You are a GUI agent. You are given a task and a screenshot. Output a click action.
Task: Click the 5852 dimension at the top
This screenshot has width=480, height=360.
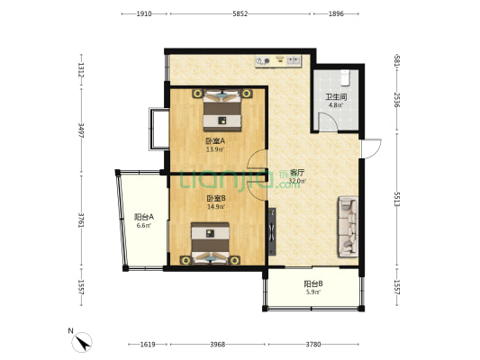tap(240, 13)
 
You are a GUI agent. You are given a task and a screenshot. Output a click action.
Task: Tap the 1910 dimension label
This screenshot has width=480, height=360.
tap(144, 13)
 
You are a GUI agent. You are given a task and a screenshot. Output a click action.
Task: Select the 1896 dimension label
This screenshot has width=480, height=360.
tap(336, 13)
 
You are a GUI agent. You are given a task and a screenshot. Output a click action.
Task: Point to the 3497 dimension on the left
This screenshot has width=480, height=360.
tap(81, 130)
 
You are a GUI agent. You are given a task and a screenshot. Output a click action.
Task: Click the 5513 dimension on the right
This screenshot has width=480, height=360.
tap(397, 200)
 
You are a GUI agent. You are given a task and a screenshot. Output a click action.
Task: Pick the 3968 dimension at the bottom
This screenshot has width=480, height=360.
tap(218, 345)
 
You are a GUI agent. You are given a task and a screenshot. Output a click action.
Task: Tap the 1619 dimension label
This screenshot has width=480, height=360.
tap(148, 345)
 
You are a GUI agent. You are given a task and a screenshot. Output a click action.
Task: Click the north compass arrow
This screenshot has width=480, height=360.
tap(82, 343)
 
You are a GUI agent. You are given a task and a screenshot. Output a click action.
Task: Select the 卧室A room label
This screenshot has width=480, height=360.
tap(215, 141)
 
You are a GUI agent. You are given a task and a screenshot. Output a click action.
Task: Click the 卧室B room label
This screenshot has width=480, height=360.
tap(216, 198)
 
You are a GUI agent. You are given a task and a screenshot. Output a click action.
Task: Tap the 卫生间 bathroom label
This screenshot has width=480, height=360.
tap(336, 97)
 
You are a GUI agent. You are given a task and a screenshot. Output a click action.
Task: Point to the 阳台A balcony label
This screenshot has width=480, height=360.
tap(144, 217)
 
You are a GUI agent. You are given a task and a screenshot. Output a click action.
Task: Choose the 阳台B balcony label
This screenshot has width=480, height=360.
tap(313, 283)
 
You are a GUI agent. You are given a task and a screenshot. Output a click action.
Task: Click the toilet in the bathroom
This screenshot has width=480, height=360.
tap(345, 77)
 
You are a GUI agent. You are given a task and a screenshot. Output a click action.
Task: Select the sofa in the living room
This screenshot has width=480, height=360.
tap(348, 227)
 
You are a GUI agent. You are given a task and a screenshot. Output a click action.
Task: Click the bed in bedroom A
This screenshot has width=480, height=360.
tap(222, 110)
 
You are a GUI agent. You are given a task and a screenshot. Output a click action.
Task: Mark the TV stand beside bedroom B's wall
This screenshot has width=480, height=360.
tap(272, 231)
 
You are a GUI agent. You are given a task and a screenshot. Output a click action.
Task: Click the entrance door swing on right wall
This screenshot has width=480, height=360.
tap(371, 149)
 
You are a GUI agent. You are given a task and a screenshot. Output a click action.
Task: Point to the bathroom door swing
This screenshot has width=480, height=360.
tap(328, 121)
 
